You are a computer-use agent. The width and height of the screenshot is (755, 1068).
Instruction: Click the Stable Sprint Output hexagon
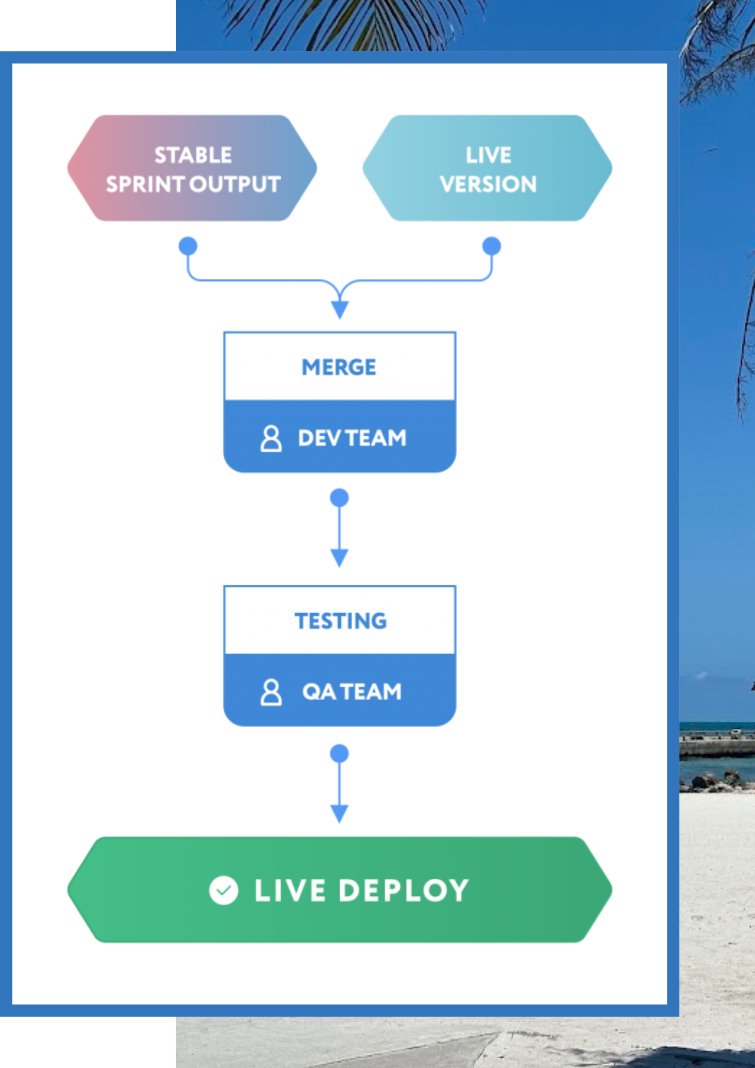coord(192,168)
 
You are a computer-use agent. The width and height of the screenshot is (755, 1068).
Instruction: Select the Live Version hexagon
coord(487,168)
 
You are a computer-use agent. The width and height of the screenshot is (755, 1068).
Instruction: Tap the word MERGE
coord(339,367)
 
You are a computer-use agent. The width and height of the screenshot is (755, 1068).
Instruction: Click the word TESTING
coord(341,621)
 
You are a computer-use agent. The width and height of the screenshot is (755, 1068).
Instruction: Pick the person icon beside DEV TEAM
coord(271,438)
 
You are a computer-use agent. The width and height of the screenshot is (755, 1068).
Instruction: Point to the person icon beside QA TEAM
coord(271,692)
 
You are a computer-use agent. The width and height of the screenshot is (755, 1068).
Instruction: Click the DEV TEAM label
coord(352,438)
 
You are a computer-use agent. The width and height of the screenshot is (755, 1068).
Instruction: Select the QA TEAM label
coord(352,692)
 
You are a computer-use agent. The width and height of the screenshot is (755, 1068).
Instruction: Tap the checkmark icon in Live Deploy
coord(224,890)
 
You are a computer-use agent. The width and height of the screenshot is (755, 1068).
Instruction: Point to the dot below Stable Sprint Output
coord(188,246)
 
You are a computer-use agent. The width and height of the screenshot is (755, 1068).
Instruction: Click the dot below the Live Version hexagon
coord(491,246)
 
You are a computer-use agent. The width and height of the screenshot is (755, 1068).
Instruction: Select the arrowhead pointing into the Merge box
coord(340,309)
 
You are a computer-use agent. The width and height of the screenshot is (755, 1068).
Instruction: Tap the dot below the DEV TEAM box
coord(339,498)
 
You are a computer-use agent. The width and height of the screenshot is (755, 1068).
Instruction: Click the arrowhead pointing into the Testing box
coord(339,557)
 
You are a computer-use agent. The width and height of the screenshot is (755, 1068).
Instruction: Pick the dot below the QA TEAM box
coord(339,753)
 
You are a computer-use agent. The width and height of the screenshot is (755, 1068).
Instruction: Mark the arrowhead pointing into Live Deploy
coord(339,813)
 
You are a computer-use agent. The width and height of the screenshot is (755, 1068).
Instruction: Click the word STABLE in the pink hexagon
coord(193,155)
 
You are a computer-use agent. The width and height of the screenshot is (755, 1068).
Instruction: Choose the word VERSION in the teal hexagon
coord(488,184)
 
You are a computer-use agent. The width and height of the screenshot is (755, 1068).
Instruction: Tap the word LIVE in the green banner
coord(290,890)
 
